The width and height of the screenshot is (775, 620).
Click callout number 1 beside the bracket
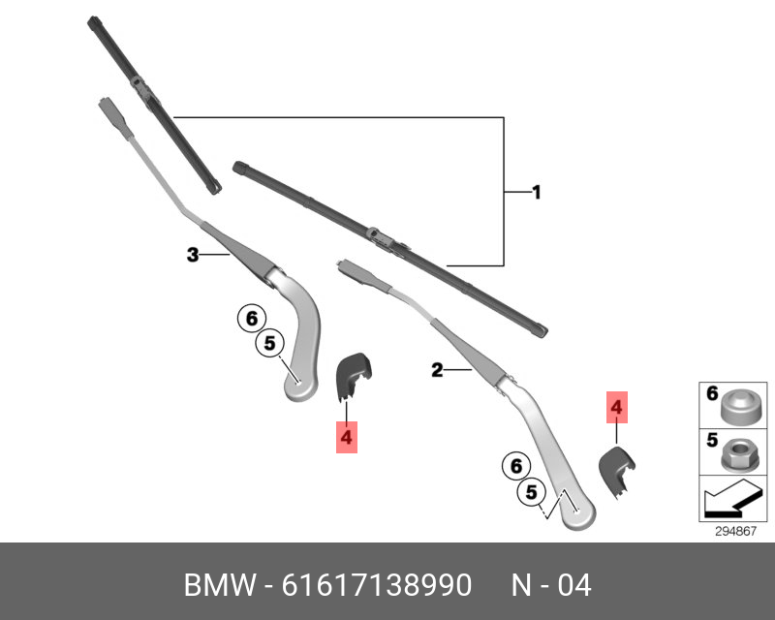(x=536, y=193)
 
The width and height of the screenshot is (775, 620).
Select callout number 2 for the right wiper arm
(x=437, y=369)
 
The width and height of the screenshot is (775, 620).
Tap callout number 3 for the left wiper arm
(x=193, y=255)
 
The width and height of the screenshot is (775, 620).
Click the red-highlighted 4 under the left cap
(x=347, y=438)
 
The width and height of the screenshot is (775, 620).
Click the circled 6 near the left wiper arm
(x=251, y=318)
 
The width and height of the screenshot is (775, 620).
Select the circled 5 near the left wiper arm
(x=270, y=342)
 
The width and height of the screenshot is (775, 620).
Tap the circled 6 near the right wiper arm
(x=515, y=466)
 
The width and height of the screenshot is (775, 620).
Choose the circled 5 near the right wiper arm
(x=531, y=493)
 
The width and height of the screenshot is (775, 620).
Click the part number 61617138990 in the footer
(x=377, y=585)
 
